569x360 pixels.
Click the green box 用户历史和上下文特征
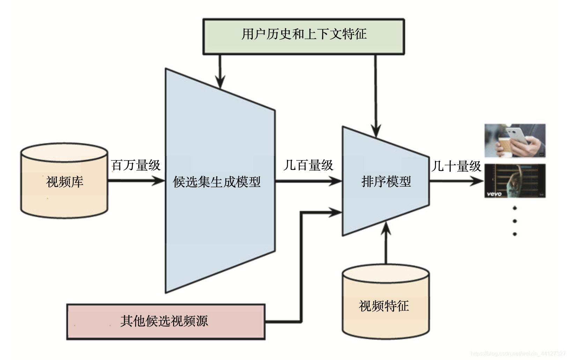303,37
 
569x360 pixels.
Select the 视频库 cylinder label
65,182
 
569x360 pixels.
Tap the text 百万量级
136,165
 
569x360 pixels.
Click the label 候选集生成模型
217,182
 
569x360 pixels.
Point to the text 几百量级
309,165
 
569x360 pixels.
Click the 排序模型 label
386,181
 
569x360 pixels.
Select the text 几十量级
457,166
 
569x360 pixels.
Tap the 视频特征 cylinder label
384,306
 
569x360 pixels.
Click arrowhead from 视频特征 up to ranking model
386,228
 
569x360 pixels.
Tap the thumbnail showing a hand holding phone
515,141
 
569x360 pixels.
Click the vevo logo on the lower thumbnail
494,194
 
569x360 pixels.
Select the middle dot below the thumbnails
515,221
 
